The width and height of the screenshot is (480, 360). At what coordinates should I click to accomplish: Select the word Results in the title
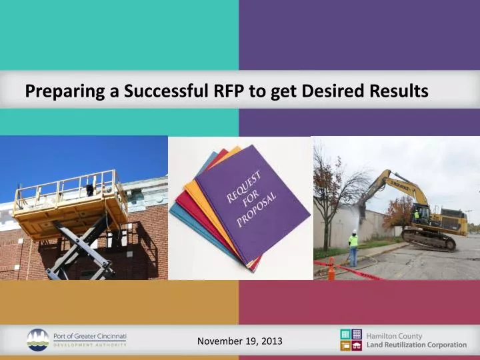point(398,92)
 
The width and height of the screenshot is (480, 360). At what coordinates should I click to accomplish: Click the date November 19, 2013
point(239,341)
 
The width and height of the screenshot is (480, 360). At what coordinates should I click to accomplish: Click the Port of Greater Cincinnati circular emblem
point(37,339)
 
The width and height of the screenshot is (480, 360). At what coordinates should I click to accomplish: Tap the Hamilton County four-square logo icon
point(351,339)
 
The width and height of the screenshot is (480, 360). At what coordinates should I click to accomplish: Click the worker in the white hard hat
point(353,247)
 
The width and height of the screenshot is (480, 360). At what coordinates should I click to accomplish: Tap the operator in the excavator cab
point(417,214)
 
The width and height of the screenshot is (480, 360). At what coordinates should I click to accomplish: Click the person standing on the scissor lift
point(90,189)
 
